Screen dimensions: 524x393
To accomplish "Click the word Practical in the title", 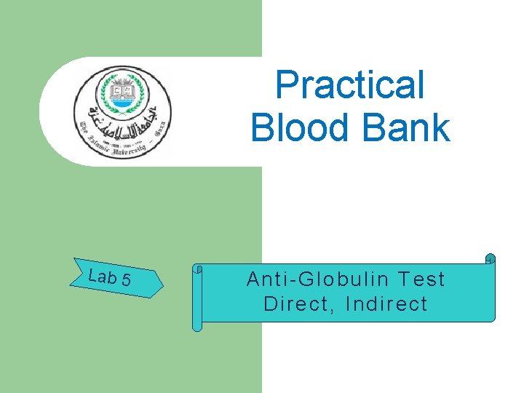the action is [350, 84].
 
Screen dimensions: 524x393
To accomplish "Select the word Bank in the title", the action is [411, 127].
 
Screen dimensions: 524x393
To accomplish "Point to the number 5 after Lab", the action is [127, 279].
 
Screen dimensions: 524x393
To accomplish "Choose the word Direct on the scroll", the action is [294, 303].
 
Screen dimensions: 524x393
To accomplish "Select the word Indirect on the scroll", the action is [386, 303].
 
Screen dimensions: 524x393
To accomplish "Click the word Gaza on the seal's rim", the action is [164, 124].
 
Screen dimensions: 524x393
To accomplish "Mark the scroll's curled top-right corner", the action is [491, 259].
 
